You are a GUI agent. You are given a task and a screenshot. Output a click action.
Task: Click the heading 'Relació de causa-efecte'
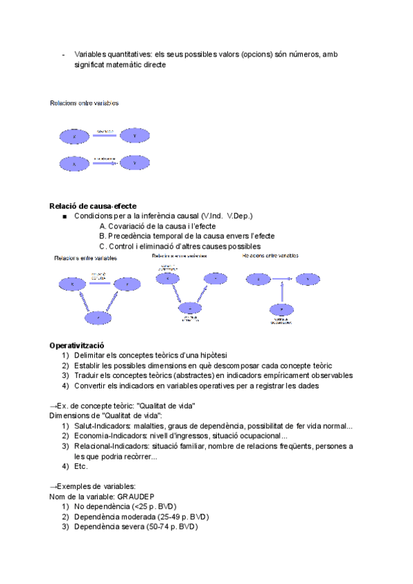(x=93, y=206)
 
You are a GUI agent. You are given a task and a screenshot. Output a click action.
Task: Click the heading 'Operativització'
(x=77, y=345)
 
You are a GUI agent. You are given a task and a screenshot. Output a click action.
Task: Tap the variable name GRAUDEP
(x=136, y=497)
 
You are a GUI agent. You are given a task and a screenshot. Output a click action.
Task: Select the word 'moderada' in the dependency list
(x=136, y=517)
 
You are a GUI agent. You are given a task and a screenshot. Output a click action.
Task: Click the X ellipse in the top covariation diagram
(x=74, y=136)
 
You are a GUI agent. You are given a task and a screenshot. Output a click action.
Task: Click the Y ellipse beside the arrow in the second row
(x=134, y=163)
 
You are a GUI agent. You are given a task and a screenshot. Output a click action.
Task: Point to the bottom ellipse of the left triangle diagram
(x=100, y=317)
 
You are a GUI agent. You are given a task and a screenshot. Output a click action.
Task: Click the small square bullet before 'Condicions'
(x=64, y=217)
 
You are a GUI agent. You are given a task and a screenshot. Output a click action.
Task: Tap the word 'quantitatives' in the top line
(x=131, y=54)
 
